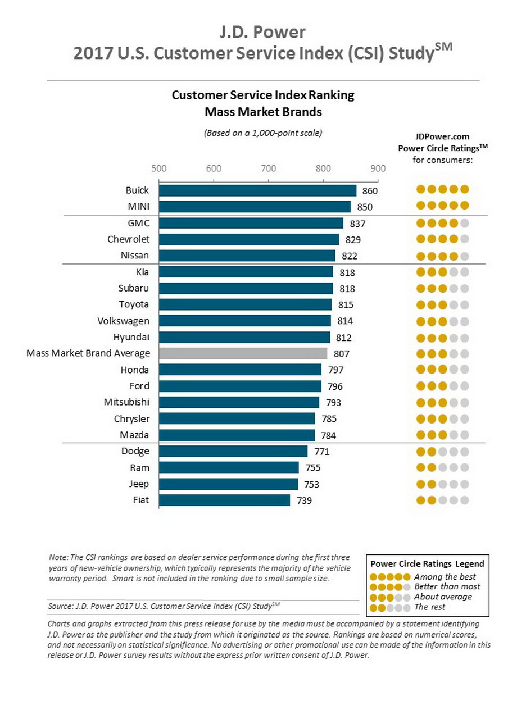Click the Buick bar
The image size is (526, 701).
257,190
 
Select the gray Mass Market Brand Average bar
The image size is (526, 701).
243,353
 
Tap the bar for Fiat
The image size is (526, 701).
224,500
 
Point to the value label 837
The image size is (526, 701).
357,224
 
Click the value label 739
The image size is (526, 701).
304,500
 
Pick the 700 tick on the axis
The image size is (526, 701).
269,168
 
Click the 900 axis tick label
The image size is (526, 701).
378,168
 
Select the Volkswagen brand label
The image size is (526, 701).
123,321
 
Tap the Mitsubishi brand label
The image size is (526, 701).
126,402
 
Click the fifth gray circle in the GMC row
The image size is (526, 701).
464,223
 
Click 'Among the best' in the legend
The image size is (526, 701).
445,577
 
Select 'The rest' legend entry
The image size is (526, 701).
430,607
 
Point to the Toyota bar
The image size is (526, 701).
245,304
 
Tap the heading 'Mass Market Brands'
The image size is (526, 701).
263,112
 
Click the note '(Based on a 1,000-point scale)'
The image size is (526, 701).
263,133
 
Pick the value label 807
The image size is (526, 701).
341,354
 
